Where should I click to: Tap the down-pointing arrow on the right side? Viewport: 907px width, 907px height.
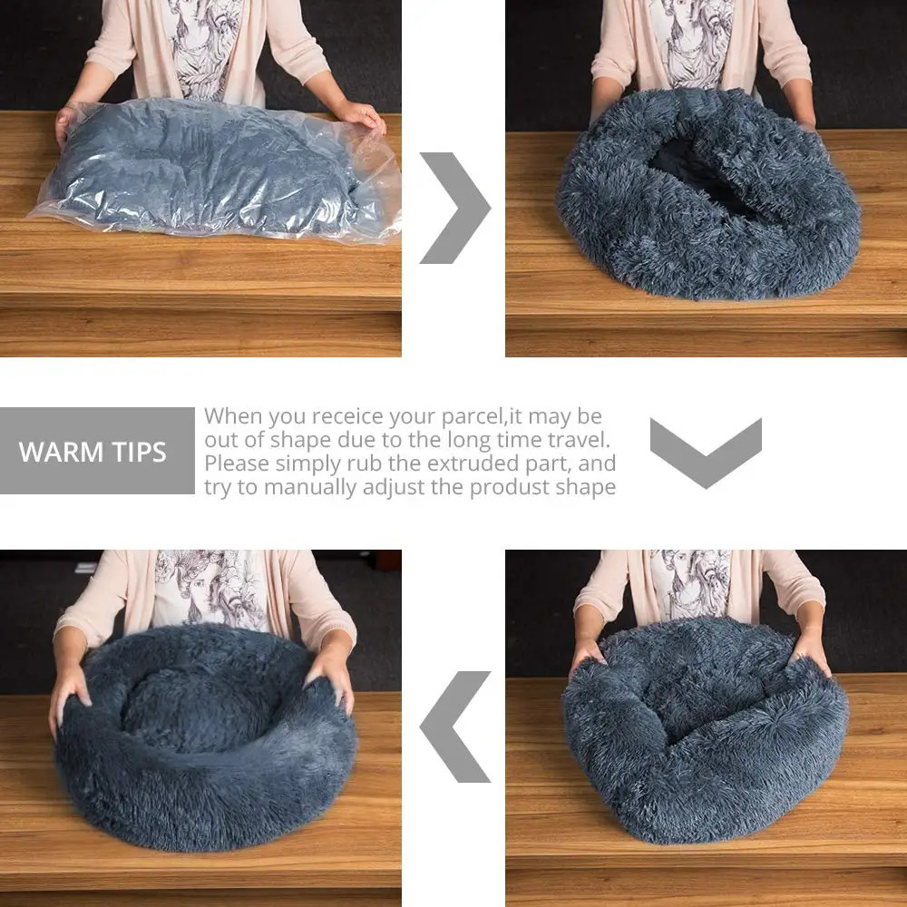click(706, 452)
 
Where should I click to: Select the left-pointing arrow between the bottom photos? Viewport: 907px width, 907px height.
click(453, 727)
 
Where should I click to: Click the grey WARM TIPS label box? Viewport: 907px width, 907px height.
click(97, 451)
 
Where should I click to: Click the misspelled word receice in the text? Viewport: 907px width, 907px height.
click(349, 416)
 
